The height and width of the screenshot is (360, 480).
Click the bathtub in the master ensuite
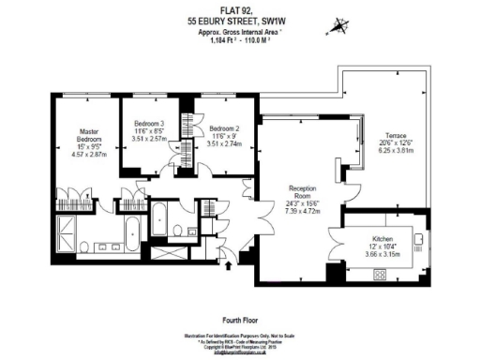[x=131, y=230]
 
